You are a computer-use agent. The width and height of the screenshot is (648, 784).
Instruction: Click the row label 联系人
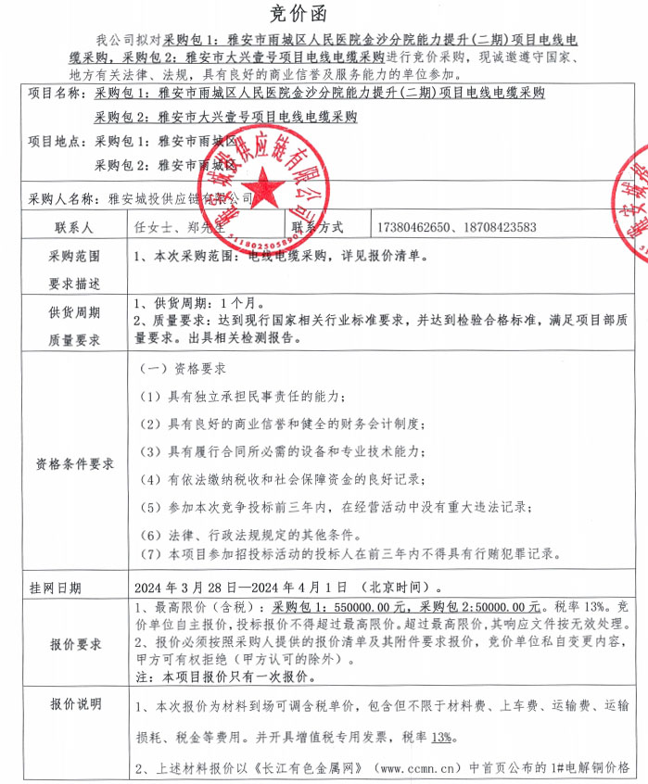tap(73, 227)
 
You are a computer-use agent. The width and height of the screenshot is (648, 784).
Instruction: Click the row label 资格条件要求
tap(74, 463)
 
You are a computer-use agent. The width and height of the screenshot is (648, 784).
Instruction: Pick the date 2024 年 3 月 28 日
tap(188, 588)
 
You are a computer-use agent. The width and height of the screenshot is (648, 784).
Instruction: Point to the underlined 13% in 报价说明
tap(440, 737)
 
